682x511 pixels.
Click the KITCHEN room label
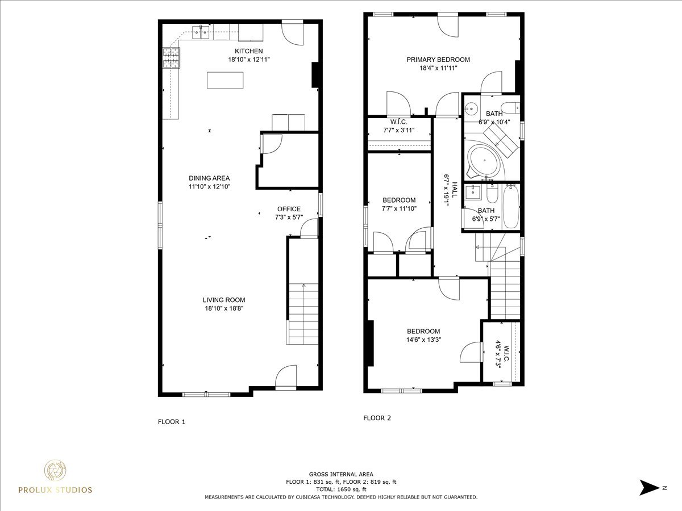(248, 51)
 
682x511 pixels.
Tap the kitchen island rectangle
(225, 80)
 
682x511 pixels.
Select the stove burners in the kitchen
(172, 58)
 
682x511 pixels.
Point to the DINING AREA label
(209, 178)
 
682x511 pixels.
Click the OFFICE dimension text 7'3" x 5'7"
(289, 217)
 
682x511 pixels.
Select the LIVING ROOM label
(224, 300)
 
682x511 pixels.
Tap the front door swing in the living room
(286, 377)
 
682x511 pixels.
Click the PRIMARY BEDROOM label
(438, 60)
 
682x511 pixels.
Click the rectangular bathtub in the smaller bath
(511, 207)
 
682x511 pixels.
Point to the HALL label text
(455, 190)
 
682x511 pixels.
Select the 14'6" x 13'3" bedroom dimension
(424, 340)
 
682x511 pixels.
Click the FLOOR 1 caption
(172, 422)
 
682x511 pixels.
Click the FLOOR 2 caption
(377, 418)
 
